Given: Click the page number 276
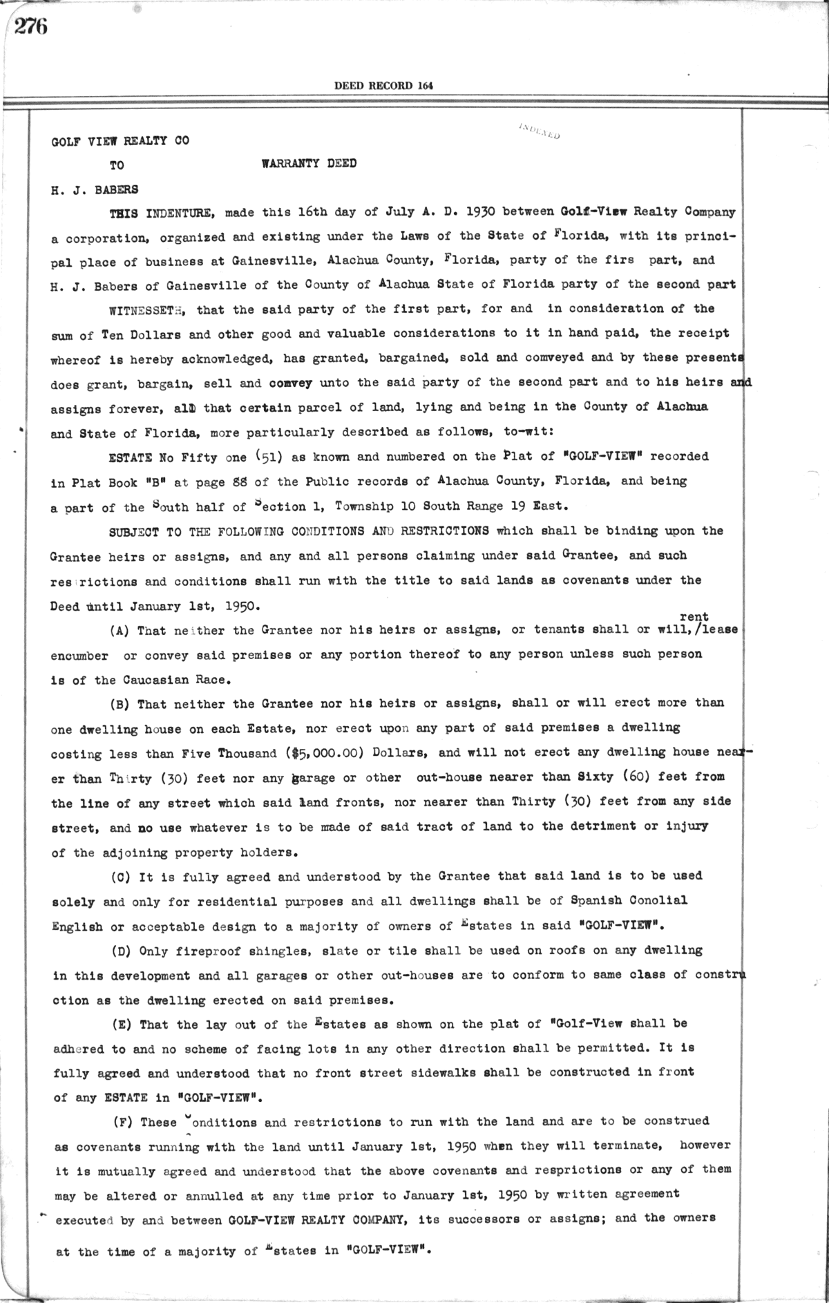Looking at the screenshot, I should pos(31,27).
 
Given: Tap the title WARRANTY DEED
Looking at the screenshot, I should pos(309,164).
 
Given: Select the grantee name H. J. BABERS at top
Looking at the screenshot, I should pos(95,189).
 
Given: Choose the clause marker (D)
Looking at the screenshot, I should pos(122,951).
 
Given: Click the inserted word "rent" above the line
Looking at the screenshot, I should pos(694,616).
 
